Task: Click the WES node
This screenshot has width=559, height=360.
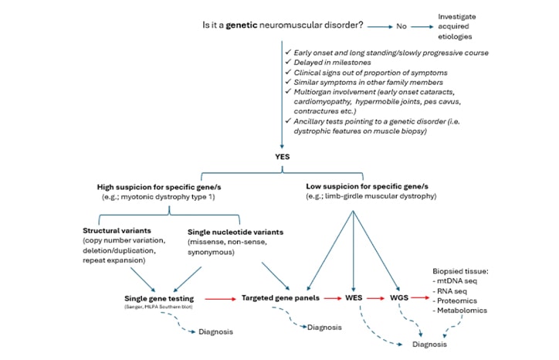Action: [352, 298]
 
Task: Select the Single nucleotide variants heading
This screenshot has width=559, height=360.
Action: [235, 230]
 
